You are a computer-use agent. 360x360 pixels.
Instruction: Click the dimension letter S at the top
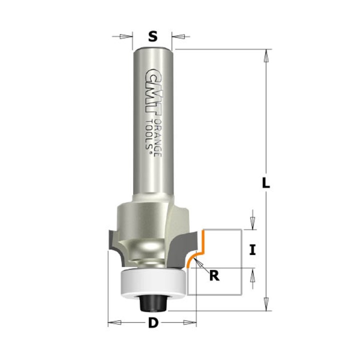coord(153,36)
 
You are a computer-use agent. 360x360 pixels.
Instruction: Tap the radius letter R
coord(214,275)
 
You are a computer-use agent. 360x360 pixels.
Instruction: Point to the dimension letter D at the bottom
coord(152,323)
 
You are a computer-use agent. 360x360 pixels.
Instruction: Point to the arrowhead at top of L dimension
coord(265,55)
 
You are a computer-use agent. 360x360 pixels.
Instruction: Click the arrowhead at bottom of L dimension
coord(265,305)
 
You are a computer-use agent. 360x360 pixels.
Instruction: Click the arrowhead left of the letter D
coord(114,323)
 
